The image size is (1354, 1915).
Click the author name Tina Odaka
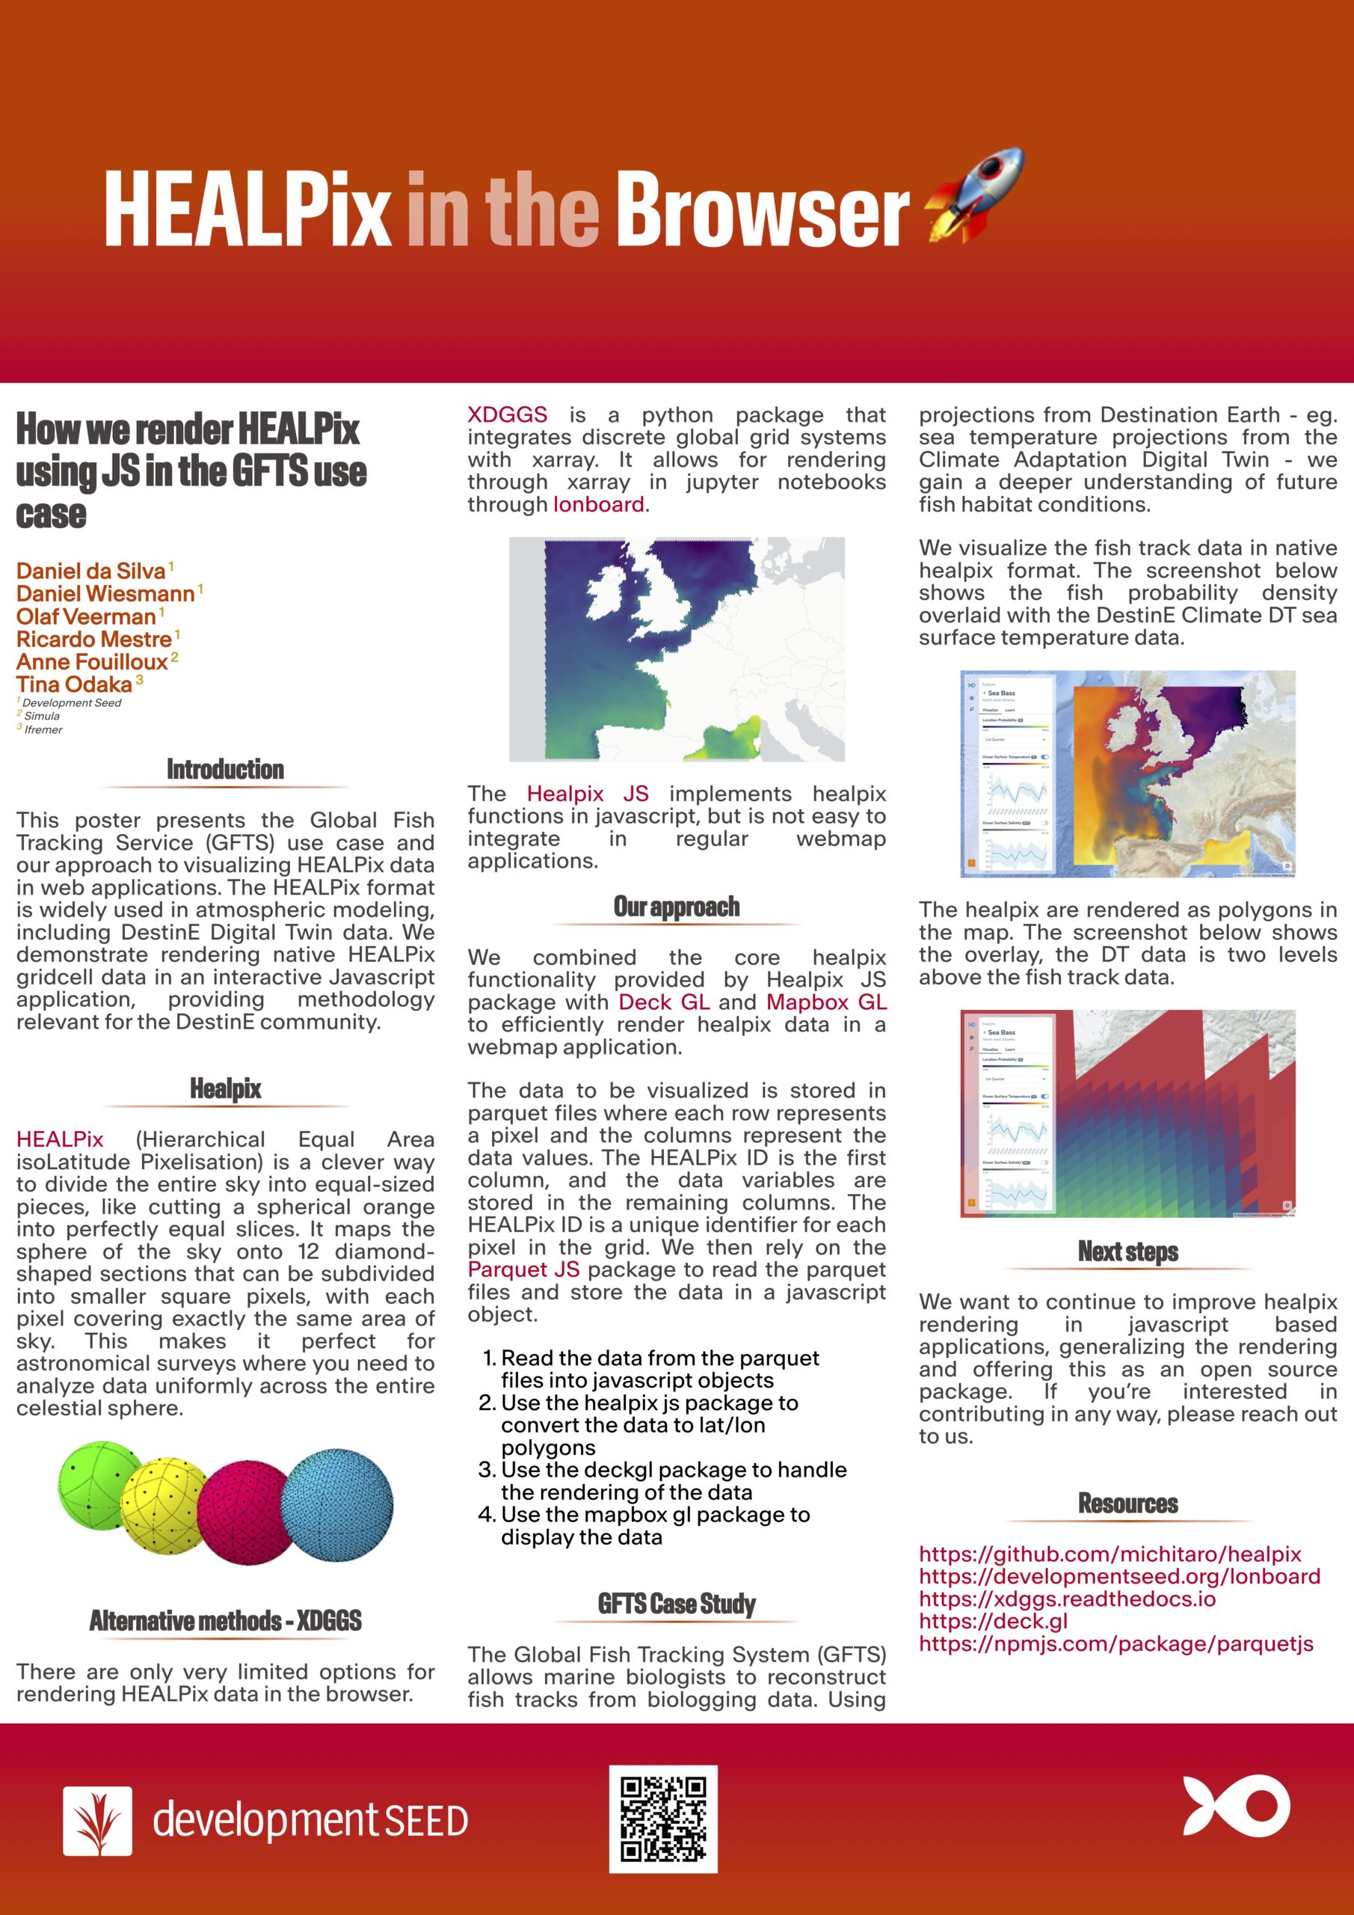pos(74,684)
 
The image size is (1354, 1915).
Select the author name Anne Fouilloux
pos(92,662)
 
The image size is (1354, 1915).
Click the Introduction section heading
pos(225,769)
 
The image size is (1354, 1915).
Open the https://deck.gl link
pos(992,1622)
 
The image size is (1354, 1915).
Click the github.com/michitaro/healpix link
pos(1110,1554)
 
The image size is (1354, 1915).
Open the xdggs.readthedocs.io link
pos(1066,1599)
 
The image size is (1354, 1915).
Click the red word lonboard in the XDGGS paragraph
pos(598,505)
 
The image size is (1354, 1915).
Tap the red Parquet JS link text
pos(523,1269)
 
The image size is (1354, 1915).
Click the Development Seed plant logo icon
pos(97,1820)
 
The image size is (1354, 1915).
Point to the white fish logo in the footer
pos(1236,1805)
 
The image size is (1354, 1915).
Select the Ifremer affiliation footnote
pos(43,730)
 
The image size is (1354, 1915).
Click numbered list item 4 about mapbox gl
pos(654,1525)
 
